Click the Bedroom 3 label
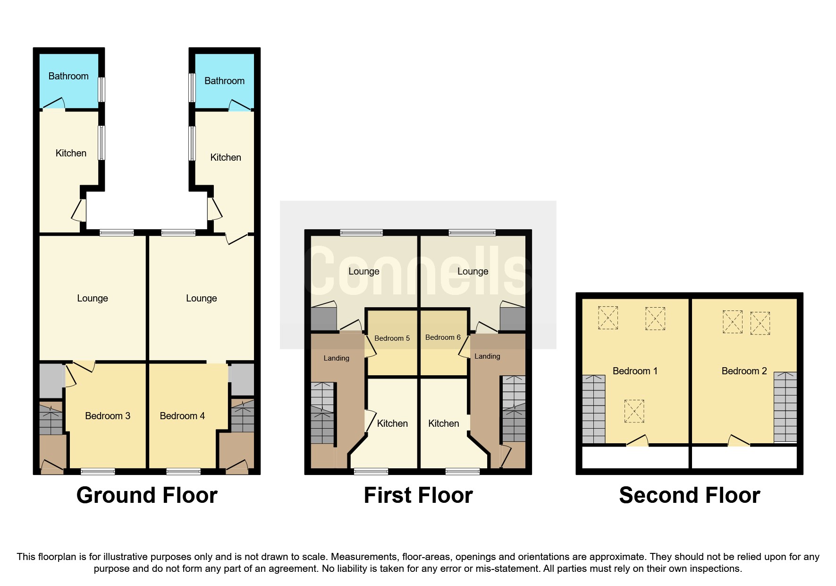click(x=108, y=416)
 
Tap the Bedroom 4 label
click(x=182, y=416)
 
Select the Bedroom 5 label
click(x=392, y=338)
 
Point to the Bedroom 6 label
click(x=443, y=337)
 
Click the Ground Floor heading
click(x=147, y=495)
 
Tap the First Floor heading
click(x=418, y=495)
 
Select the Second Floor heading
click(x=689, y=495)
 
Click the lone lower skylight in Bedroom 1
click(x=634, y=411)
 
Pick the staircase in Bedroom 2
click(x=785, y=407)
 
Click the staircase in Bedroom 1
click(x=593, y=409)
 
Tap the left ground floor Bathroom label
click(x=68, y=76)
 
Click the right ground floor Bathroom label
click(x=224, y=81)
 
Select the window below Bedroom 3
click(x=98, y=471)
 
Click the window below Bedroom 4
click(x=184, y=471)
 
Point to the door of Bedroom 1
click(x=638, y=441)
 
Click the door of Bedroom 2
click(x=739, y=441)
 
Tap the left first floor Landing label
click(x=336, y=358)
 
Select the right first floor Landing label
click(x=487, y=356)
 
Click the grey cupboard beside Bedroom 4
click(x=242, y=379)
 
